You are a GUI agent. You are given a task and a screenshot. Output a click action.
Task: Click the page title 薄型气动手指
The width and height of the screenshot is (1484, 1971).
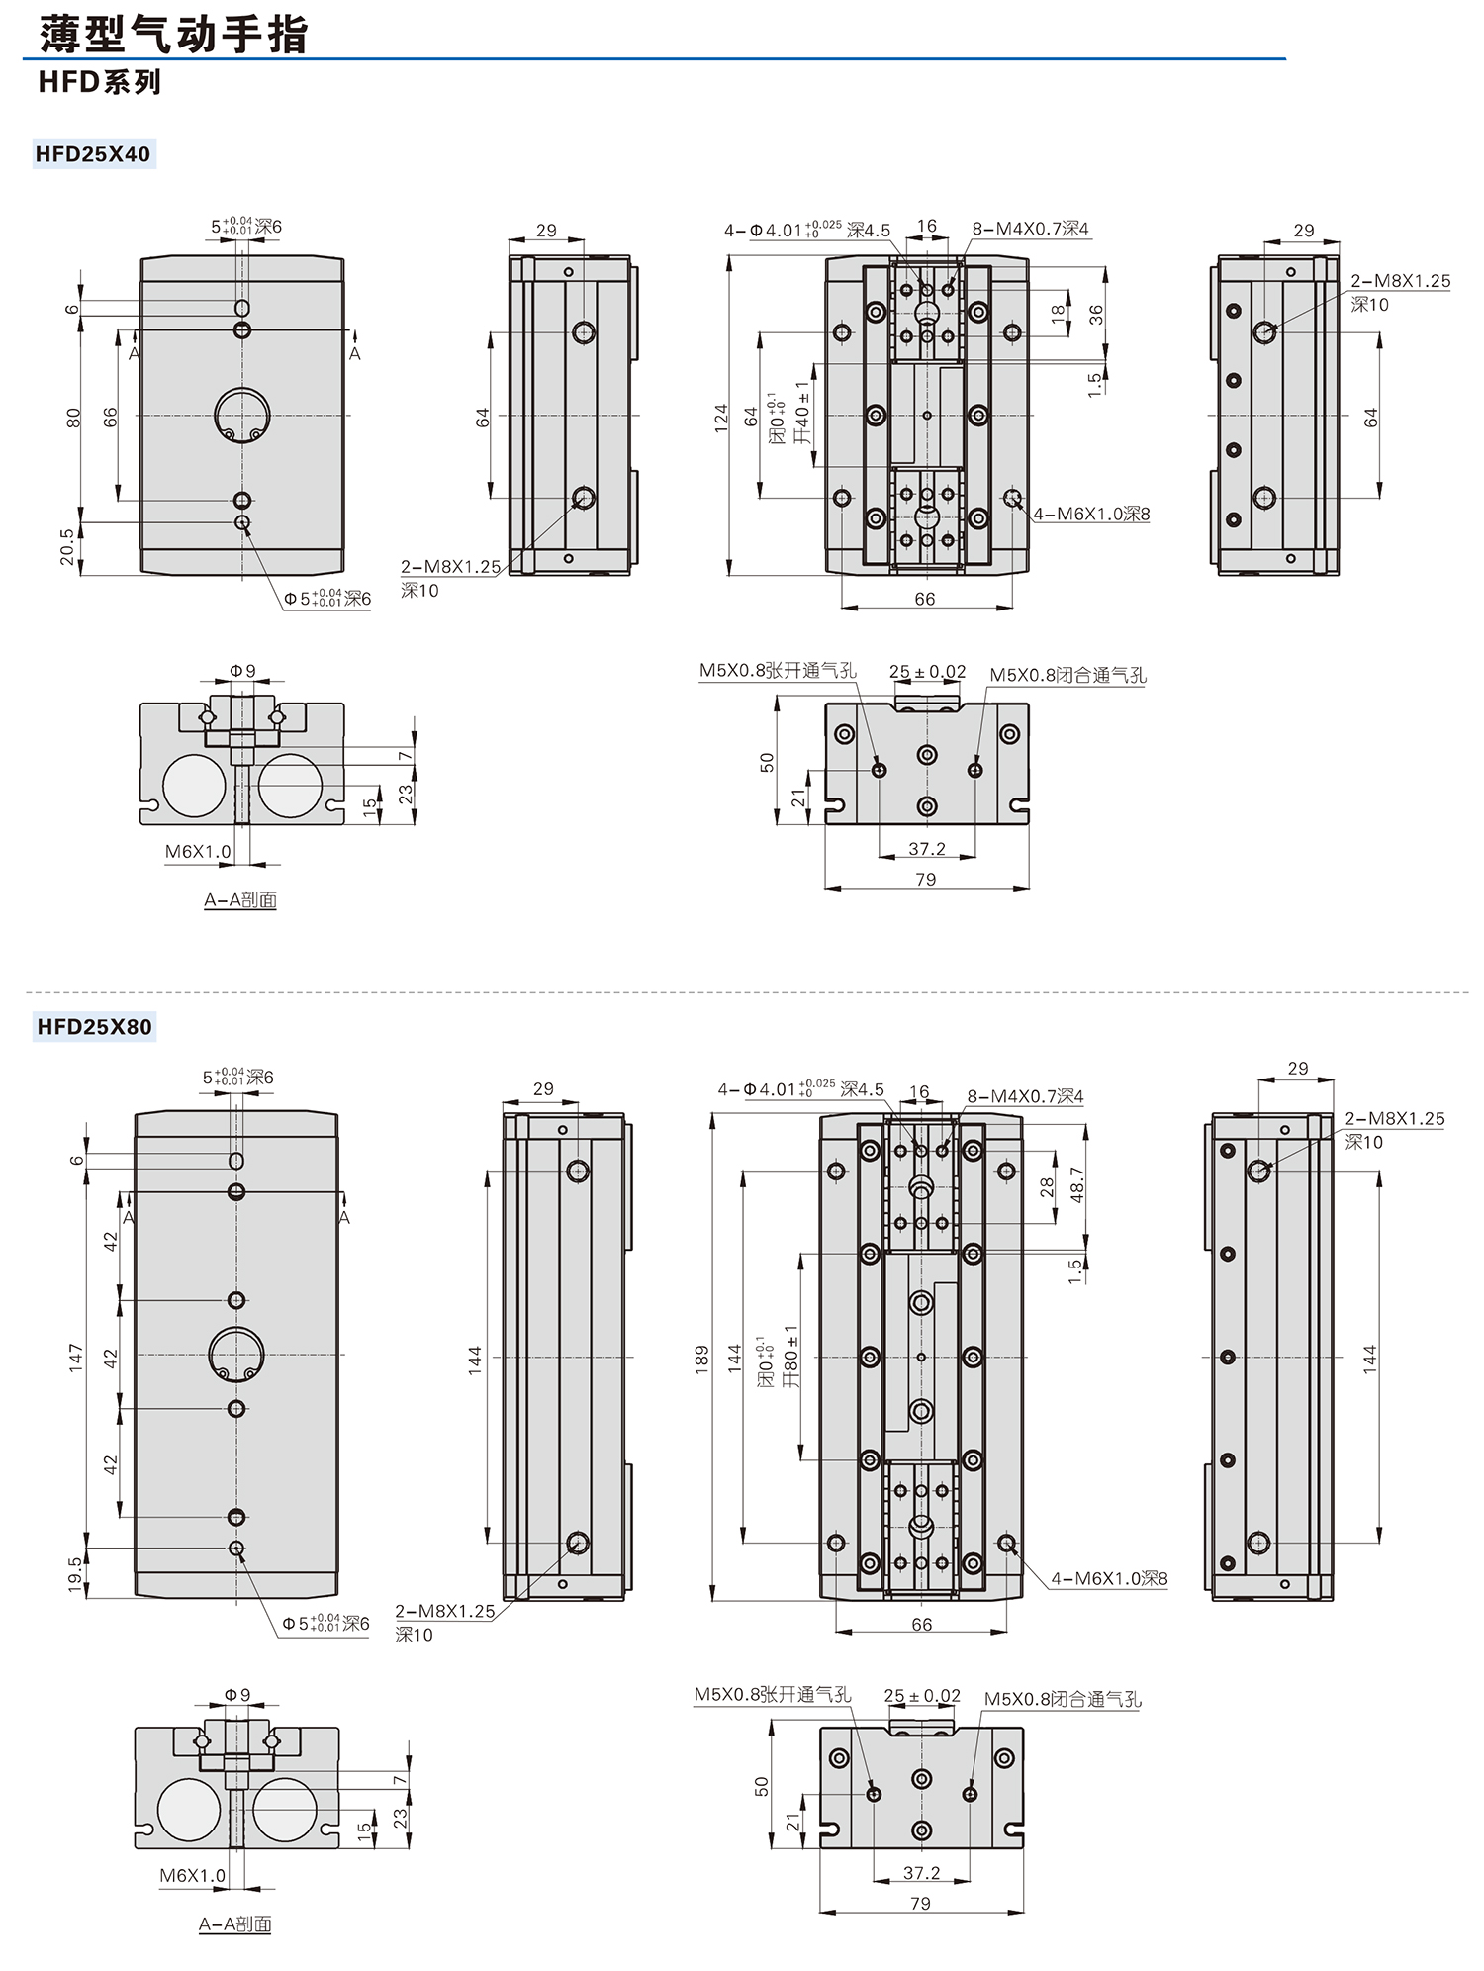[x=174, y=35]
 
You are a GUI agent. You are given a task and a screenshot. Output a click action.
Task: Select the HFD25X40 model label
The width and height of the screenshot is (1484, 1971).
[x=93, y=154]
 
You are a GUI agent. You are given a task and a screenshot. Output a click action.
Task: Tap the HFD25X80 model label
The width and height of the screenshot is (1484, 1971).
[x=94, y=1027]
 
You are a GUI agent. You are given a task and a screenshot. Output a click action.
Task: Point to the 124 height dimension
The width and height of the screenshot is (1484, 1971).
[x=721, y=416]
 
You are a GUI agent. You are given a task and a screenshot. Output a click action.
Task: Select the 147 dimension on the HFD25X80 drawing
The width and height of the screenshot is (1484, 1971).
[x=76, y=1358]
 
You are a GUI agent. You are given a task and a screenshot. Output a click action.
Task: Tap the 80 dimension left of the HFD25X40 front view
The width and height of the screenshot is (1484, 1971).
[x=73, y=418]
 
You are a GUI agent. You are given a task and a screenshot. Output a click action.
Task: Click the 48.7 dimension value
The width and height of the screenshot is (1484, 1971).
[x=1077, y=1184]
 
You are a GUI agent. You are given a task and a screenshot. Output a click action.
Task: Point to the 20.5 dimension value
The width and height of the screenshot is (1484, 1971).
[x=67, y=547]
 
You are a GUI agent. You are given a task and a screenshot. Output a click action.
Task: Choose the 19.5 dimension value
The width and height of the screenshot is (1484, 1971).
[x=75, y=1573]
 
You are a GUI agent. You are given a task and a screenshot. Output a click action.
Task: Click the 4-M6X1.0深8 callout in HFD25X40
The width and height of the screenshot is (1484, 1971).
[x=1091, y=515]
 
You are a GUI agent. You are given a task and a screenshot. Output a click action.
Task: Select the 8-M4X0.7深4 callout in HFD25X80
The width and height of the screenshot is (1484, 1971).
[x=1025, y=1096]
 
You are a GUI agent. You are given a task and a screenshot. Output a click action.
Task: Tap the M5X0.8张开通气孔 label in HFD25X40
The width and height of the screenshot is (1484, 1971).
[x=778, y=671]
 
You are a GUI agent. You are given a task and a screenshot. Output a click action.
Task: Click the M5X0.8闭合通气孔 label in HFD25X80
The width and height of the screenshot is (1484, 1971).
[x=1063, y=1699]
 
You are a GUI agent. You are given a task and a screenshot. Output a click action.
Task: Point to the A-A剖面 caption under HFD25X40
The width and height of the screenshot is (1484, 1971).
[x=240, y=900]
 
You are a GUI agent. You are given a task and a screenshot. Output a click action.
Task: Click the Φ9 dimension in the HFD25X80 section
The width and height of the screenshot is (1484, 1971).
[x=237, y=1694]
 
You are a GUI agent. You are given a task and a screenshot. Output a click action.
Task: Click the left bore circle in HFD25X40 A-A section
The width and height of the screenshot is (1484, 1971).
[x=194, y=786]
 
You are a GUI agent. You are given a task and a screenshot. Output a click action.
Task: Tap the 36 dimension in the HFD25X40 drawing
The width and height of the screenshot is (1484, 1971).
[x=1095, y=315]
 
